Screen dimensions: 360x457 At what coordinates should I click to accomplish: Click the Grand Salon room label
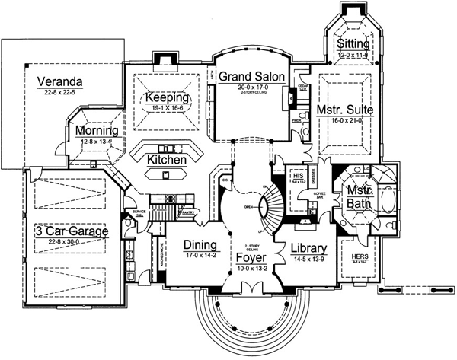(251, 77)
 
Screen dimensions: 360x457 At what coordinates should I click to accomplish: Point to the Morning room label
(96, 131)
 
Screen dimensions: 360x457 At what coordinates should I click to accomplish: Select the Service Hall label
(139, 213)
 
